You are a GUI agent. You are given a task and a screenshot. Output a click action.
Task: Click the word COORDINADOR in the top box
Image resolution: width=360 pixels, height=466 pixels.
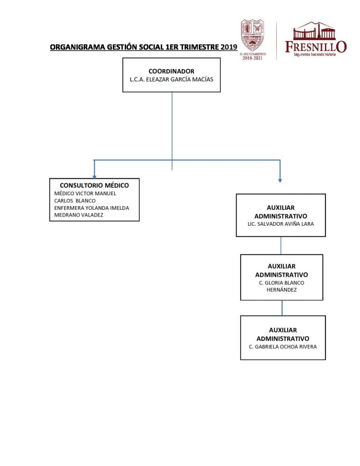pyautogui.click(x=172, y=71)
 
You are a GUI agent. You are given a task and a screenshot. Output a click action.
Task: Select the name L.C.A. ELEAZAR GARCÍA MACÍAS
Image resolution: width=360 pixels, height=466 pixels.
pyautogui.click(x=172, y=79)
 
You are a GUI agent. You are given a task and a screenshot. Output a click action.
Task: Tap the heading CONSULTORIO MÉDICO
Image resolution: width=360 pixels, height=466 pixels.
pyautogui.click(x=95, y=185)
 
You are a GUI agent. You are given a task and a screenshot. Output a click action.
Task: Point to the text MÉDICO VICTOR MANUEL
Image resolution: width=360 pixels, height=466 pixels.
pyautogui.click(x=85, y=193)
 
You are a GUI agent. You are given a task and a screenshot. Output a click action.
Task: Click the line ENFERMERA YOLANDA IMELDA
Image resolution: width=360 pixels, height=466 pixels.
pyautogui.click(x=91, y=208)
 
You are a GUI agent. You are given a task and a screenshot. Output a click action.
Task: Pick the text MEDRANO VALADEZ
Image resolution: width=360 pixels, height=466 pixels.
pyautogui.click(x=79, y=215)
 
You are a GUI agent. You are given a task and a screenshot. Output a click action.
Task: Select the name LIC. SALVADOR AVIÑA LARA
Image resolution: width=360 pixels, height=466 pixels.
pyautogui.click(x=280, y=224)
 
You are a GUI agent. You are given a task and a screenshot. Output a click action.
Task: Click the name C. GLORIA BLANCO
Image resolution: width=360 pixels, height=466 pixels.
pyautogui.click(x=281, y=283)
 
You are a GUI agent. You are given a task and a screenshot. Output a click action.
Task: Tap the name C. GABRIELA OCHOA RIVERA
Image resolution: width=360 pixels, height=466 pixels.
pyautogui.click(x=283, y=346)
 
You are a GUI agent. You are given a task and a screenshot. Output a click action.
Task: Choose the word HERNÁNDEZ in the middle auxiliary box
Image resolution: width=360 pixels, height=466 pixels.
pyautogui.click(x=282, y=289)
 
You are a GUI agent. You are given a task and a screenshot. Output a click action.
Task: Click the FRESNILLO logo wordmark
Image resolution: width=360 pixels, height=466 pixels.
pyautogui.click(x=315, y=46)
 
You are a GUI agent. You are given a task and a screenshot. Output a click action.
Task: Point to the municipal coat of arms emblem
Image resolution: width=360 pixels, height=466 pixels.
pyautogui.click(x=253, y=35)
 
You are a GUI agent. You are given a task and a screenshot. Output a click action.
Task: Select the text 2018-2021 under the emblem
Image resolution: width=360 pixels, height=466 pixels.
pyautogui.click(x=253, y=58)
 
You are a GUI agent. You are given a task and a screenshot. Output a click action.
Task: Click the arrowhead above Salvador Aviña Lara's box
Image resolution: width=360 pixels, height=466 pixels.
pyautogui.click(x=280, y=180)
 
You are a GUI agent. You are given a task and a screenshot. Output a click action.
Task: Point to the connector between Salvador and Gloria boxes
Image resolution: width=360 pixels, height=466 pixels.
pyautogui.click(x=281, y=245)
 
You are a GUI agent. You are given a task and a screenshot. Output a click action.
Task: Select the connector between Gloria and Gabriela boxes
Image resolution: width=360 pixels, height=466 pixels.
pyautogui.click(x=282, y=308)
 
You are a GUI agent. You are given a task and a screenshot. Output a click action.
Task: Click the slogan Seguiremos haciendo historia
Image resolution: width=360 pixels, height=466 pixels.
pyautogui.click(x=314, y=54)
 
